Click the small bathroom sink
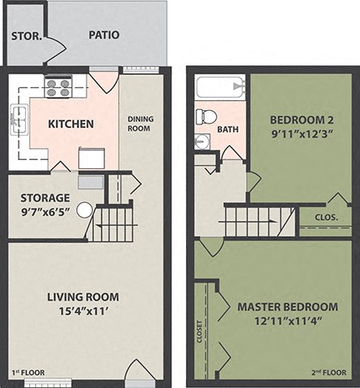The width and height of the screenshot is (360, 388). coord(201,141)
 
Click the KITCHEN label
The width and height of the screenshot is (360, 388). coord(71,124)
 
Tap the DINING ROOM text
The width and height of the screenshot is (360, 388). coord(141,124)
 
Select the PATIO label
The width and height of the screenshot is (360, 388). coord(104,35)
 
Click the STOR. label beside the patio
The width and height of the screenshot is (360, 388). coord(25,35)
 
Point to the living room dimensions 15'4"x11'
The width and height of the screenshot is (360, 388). coord(72,310)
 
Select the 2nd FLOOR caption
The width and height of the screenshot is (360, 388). coord(328,373)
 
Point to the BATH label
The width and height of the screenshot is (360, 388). coord(228,129)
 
